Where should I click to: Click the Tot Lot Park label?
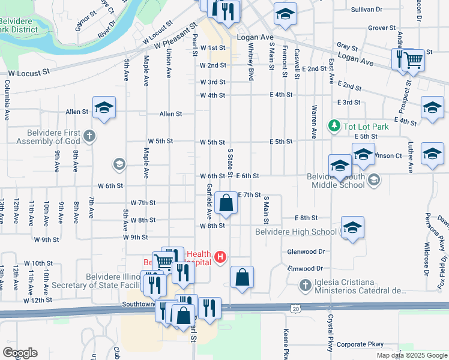pos(366,126)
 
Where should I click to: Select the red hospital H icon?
pos(220,257)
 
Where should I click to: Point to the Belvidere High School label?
pos(296,232)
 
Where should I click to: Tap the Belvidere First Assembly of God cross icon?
pos(89,136)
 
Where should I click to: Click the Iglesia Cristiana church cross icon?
pos(306,286)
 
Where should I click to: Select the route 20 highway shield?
pos(296,308)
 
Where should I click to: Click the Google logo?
pos(20,353)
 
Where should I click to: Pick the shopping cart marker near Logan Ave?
pos(413,61)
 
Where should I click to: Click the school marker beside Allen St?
pos(104,108)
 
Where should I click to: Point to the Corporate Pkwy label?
pos(360,344)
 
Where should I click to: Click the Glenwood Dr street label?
pos(306,252)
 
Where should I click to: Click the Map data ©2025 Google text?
pos(411,355)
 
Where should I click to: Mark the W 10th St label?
pos(38,263)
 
